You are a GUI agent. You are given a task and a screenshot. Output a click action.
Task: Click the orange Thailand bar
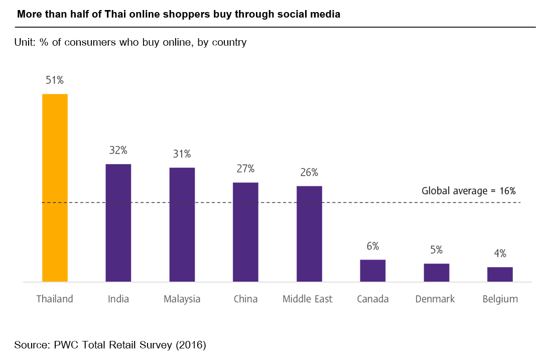(55, 188)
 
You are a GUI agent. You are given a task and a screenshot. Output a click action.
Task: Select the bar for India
(118, 223)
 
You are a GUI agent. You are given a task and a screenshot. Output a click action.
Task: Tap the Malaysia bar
(182, 224)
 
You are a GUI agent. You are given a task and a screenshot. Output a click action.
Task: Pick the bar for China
(245, 232)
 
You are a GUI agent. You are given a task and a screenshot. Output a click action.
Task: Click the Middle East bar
(309, 234)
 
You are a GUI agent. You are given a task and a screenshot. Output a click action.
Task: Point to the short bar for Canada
(373, 271)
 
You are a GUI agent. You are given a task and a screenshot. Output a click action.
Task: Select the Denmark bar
(437, 273)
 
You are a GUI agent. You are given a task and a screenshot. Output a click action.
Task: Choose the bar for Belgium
(500, 274)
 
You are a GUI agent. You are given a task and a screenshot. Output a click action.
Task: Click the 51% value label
(55, 80)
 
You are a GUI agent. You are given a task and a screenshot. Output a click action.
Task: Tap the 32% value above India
(118, 150)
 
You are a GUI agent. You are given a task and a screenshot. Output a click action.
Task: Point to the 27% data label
(245, 169)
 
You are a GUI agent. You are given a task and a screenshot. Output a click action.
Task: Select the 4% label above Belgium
(500, 254)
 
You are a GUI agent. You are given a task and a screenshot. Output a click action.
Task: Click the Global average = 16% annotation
(468, 191)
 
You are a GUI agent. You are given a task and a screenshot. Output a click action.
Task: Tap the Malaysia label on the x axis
(182, 299)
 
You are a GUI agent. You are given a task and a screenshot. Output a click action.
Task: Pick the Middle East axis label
(308, 299)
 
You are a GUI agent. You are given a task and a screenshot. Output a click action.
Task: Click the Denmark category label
(435, 299)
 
